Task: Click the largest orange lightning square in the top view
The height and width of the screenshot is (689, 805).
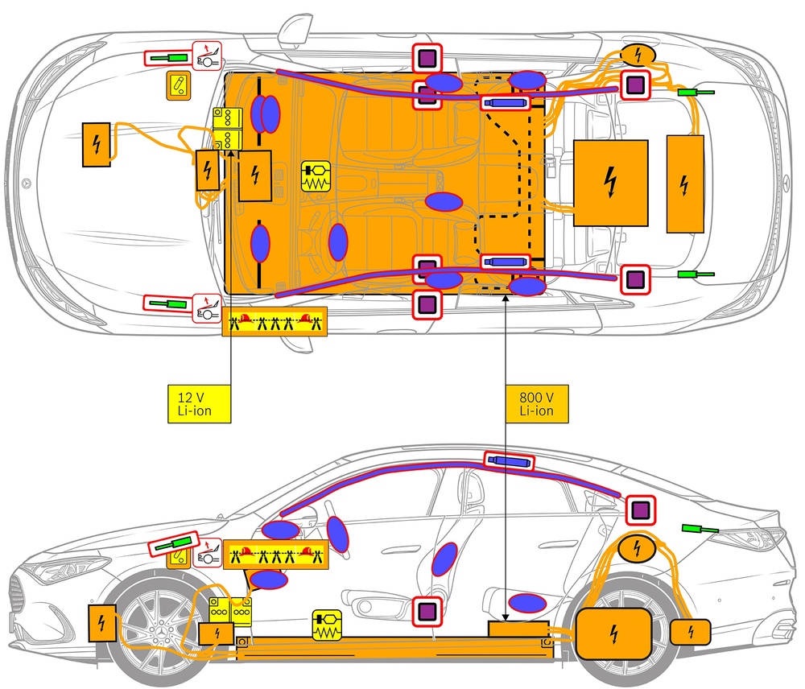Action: click(x=610, y=184)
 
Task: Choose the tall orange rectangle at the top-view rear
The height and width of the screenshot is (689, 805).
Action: click(x=685, y=184)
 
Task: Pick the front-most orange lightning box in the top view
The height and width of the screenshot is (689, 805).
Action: click(x=97, y=145)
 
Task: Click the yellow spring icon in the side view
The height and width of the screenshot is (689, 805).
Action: click(x=328, y=625)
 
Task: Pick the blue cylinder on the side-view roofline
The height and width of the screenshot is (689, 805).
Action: click(x=509, y=461)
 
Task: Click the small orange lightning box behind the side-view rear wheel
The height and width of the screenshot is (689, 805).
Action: click(x=690, y=631)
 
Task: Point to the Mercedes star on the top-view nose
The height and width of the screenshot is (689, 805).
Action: click(x=27, y=183)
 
